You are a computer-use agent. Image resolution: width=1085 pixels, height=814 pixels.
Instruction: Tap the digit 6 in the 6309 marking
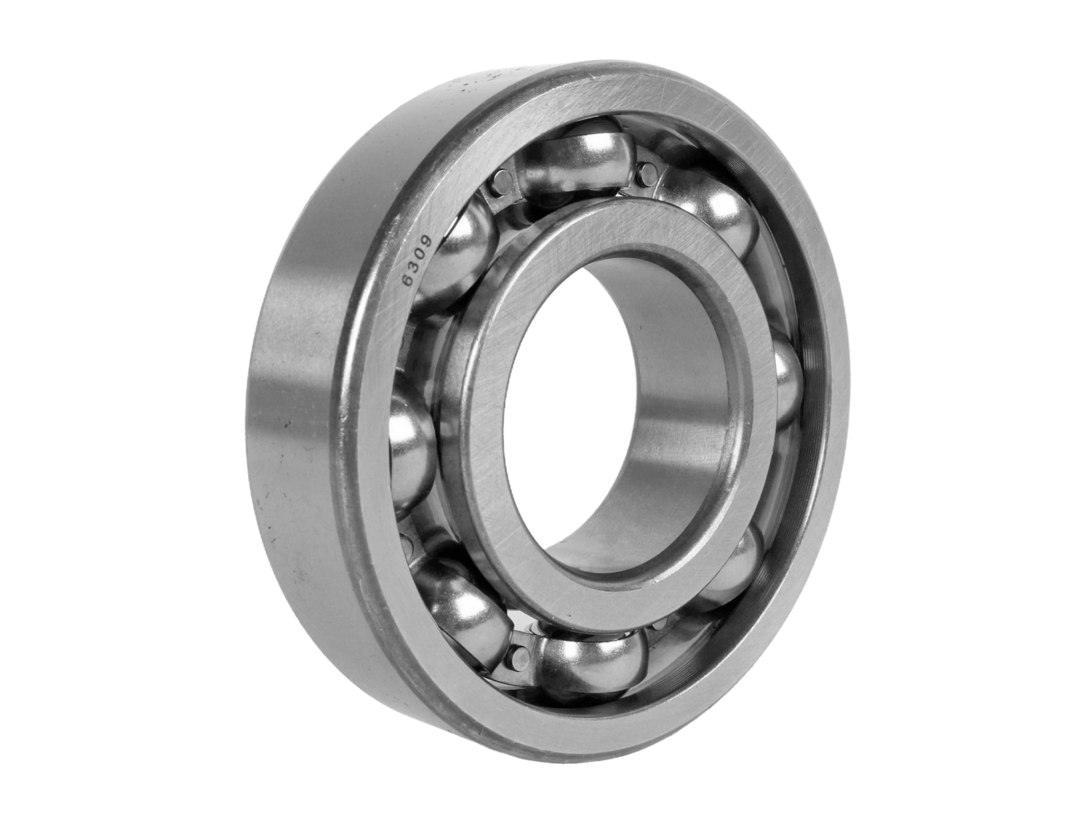(410, 279)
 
